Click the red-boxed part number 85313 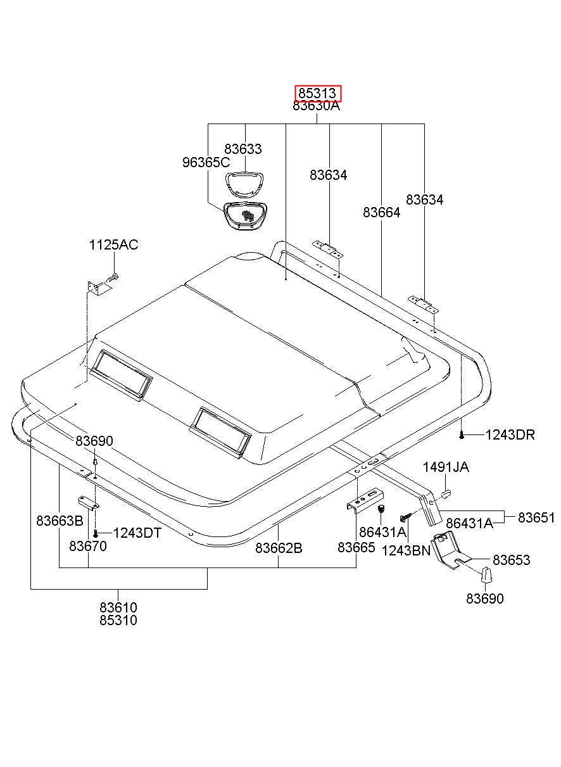[x=317, y=94]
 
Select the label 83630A [x=317, y=106]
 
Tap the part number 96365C [x=206, y=162]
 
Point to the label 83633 [x=243, y=149]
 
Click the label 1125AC [x=113, y=245]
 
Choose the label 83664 [x=382, y=213]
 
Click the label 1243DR [x=510, y=435]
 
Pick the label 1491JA [x=446, y=467]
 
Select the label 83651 [x=536, y=517]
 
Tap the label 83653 [x=512, y=561]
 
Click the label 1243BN [x=406, y=550]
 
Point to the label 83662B [x=279, y=548]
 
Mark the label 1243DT [x=136, y=533]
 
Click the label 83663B [x=60, y=521]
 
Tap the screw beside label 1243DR [x=463, y=434]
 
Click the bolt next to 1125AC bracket [x=113, y=277]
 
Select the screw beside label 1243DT [x=95, y=533]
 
